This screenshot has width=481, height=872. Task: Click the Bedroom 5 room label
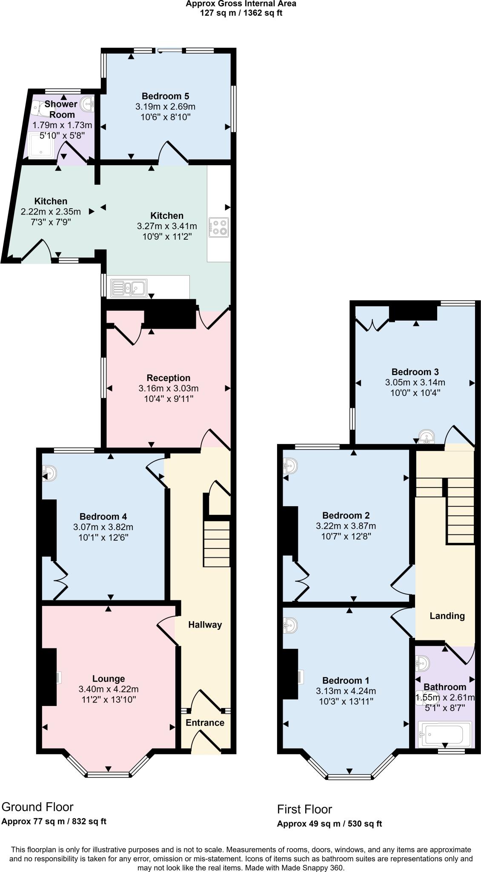pyautogui.click(x=165, y=96)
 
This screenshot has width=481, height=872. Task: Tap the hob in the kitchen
pyautogui.click(x=218, y=227)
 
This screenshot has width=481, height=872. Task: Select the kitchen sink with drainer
pyautogui.click(x=129, y=288)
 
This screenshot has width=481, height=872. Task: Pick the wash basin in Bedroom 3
pyautogui.click(x=425, y=436)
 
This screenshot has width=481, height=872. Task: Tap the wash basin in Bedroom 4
pyautogui.click(x=49, y=473)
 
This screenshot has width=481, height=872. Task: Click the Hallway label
pyautogui.click(x=205, y=625)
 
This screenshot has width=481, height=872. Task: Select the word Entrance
pyautogui.click(x=205, y=723)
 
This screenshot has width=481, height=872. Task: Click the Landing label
pyautogui.click(x=447, y=616)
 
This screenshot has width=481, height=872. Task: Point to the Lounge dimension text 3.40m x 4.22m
pyautogui.click(x=109, y=689)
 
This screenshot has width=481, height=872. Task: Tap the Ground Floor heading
pyautogui.click(x=37, y=807)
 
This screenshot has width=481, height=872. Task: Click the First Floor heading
pyautogui.click(x=304, y=809)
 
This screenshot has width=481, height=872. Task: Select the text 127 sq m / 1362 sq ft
pyautogui.click(x=241, y=13)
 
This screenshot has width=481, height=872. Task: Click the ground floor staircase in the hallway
pyautogui.click(x=217, y=543)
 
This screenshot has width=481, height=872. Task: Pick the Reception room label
pyautogui.click(x=169, y=378)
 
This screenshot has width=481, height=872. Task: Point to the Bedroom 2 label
pyautogui.click(x=346, y=515)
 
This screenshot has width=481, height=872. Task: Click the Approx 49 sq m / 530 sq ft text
pyautogui.click(x=329, y=824)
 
